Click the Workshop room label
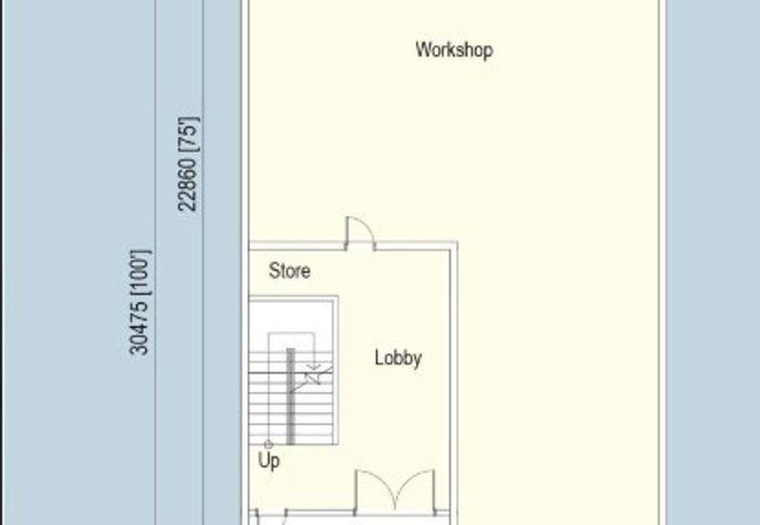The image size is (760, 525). click(x=454, y=50)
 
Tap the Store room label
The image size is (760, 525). click(x=290, y=271)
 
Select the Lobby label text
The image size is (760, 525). click(x=398, y=359)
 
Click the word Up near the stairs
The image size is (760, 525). click(x=269, y=460)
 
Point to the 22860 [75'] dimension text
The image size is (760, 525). click(x=187, y=164)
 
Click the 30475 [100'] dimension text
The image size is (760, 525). click(x=140, y=302)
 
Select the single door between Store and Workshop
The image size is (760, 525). click(x=360, y=233)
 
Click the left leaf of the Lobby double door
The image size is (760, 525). click(x=375, y=490)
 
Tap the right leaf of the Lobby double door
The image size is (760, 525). click(x=415, y=490)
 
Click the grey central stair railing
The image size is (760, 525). click(x=291, y=396)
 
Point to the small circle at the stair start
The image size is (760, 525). click(x=268, y=444)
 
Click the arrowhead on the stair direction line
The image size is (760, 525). click(x=314, y=367)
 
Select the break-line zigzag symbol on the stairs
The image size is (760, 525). click(x=313, y=379)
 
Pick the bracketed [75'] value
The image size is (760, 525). click(x=187, y=134)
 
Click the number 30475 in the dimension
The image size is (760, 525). click(x=140, y=328)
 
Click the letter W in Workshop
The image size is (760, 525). click(x=423, y=49)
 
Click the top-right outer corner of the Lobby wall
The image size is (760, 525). click(x=458, y=242)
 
